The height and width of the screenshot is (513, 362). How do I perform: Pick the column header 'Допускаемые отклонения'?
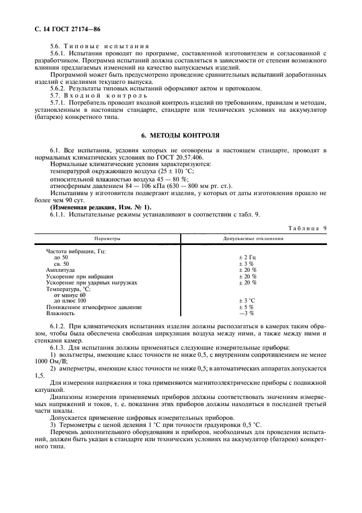point(253,239)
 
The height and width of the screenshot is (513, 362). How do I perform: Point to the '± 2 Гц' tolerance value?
point(248,258)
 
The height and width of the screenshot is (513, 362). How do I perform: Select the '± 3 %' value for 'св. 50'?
point(246,264)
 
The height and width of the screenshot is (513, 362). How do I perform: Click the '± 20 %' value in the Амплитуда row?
point(248,270)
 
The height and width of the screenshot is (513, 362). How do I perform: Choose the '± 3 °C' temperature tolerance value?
point(248,301)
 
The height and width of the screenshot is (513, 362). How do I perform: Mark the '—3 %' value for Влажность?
point(246,314)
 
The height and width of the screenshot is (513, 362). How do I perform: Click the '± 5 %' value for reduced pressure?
point(246,307)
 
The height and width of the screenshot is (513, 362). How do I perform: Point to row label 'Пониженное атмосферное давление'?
point(94,307)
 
